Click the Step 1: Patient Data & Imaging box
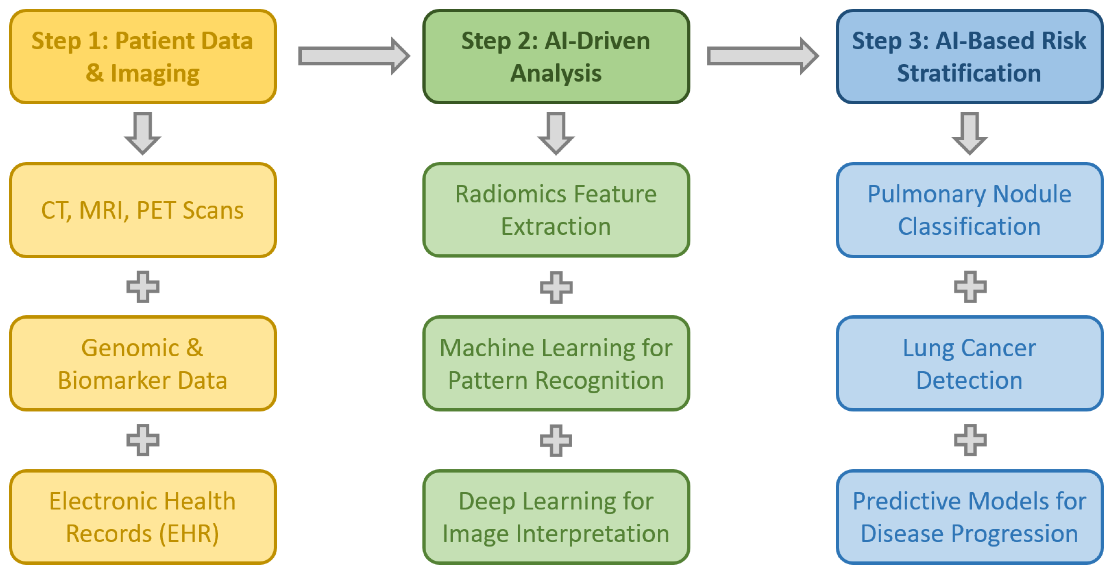143,57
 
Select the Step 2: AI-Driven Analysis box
556,57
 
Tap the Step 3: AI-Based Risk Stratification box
969,57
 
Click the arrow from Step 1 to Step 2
353,56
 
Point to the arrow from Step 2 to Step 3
762,56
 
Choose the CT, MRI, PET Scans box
143,210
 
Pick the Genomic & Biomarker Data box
143,364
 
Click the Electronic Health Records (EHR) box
143,517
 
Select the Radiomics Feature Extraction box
556,210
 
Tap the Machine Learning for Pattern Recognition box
556,364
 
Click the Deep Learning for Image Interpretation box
556,517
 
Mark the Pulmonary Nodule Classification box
969,210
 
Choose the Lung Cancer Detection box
969,364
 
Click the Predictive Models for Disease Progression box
969,517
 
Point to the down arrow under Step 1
143,133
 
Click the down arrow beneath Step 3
969,133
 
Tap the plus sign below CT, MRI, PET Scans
143,287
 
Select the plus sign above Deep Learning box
556,440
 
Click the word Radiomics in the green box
492,194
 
